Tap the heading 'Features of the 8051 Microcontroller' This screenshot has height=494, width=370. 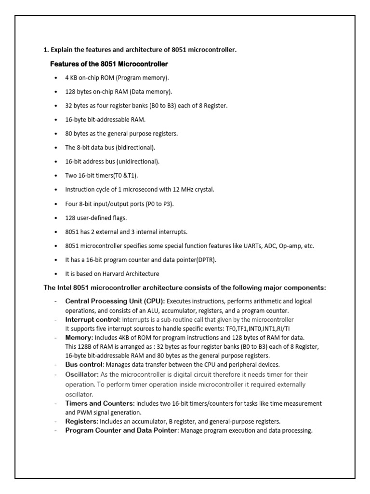[109, 64]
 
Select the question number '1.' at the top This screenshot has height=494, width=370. [46, 50]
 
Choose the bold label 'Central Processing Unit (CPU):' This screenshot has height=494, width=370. [115, 301]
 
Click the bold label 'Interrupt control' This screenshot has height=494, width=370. [92, 319]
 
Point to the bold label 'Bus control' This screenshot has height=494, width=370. [84, 365]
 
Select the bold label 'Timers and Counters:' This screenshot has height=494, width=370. [100, 403]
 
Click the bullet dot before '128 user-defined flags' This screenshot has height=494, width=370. [58, 218]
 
